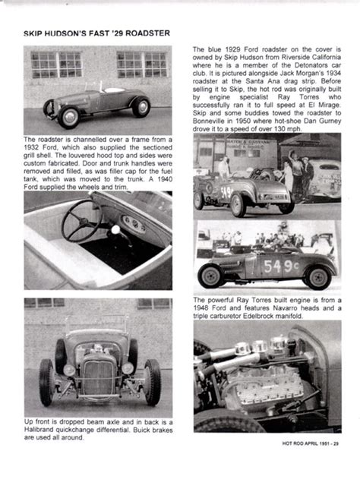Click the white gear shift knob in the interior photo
click(115, 229)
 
